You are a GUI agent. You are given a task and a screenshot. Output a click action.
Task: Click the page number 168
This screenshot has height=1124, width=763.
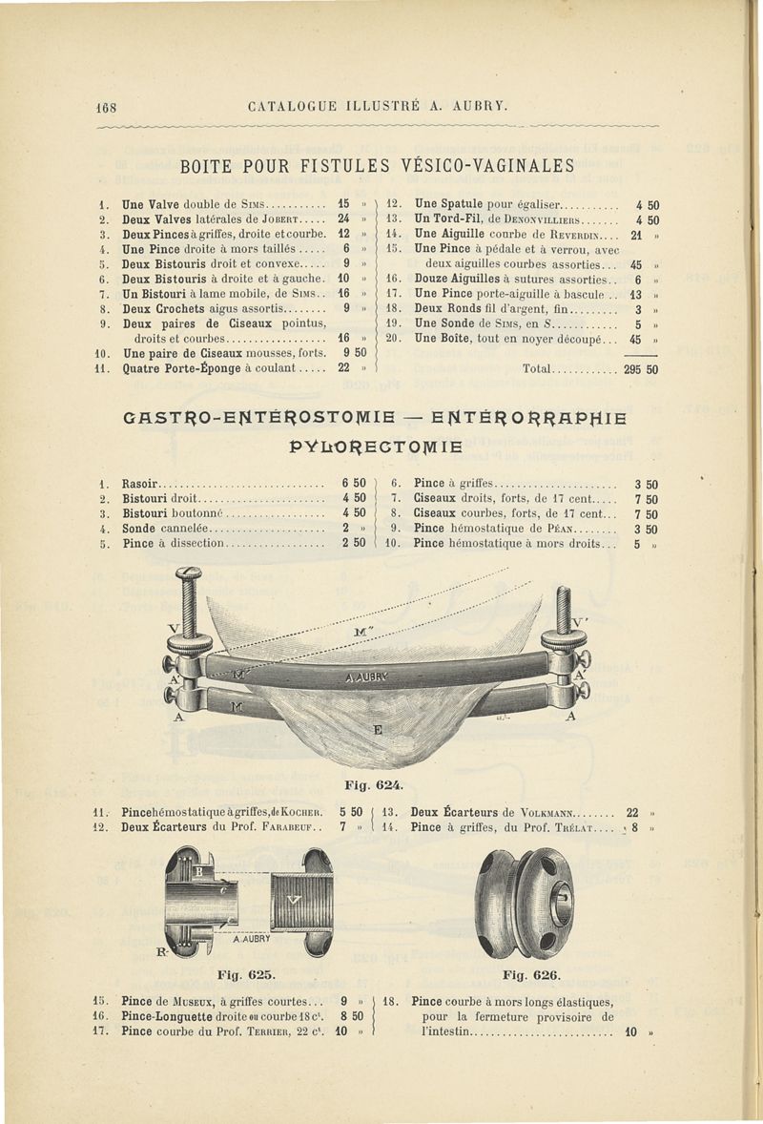tap(104, 105)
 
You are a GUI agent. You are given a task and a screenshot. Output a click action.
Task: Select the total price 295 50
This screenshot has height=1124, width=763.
tap(640, 369)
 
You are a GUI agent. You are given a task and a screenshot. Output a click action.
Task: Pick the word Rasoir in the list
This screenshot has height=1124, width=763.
tap(142, 484)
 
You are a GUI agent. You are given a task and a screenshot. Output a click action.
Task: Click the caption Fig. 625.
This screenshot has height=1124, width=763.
tap(246, 975)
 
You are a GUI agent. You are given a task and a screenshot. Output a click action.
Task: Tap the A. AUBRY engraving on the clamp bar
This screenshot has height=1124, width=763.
tap(365, 676)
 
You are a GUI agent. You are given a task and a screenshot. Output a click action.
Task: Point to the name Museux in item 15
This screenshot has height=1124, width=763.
tap(201, 1002)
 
